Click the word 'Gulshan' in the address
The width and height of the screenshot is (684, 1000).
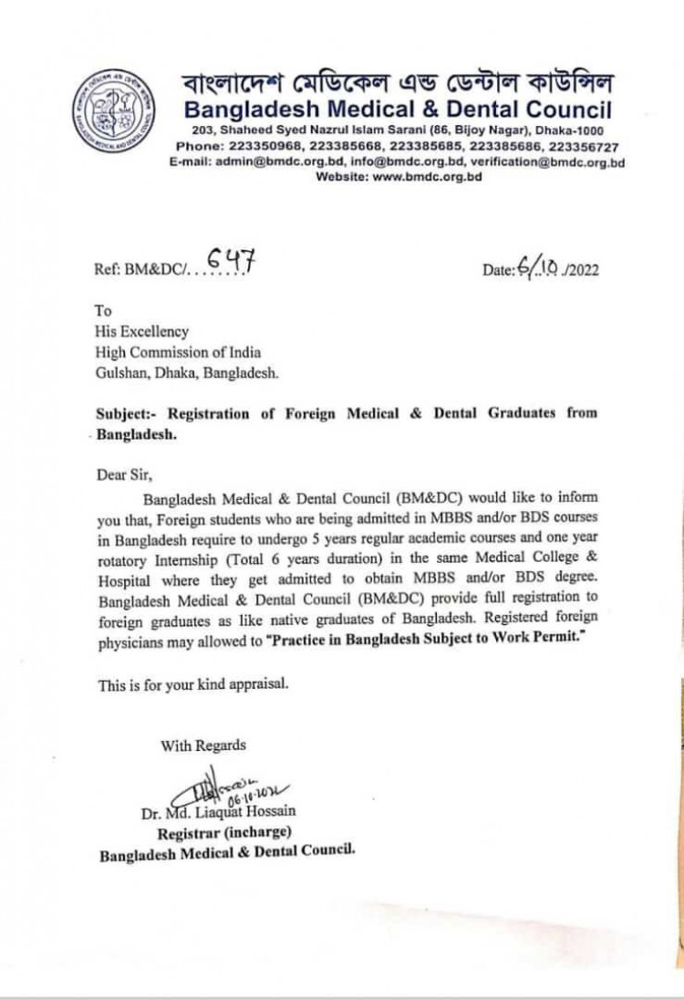123,372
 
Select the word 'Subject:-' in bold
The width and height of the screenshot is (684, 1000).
126,412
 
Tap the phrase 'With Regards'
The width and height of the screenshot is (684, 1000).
202,745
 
